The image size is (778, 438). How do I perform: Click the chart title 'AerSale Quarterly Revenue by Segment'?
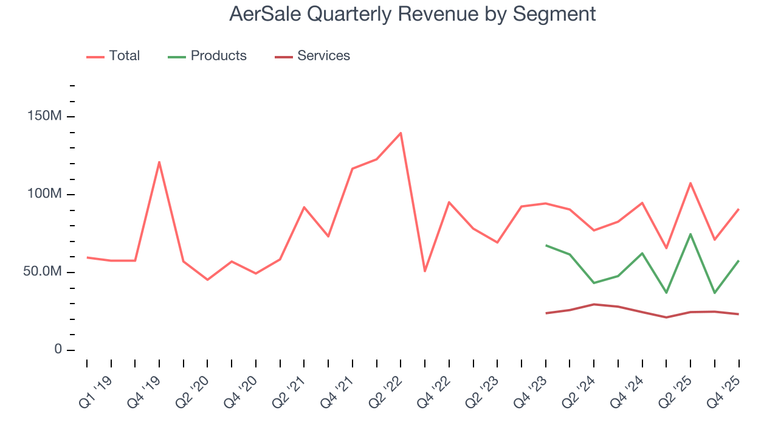[x=412, y=14]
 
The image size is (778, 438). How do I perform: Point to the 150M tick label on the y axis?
[x=45, y=116]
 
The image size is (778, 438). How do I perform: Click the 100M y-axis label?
[x=45, y=194]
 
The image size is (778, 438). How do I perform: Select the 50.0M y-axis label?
[x=43, y=272]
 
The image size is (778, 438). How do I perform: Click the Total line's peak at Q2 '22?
[x=401, y=133]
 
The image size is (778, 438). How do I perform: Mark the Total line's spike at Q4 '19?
[x=159, y=162]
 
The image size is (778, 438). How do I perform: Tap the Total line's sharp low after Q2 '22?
[x=425, y=271]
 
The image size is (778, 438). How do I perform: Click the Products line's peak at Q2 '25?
[x=690, y=234]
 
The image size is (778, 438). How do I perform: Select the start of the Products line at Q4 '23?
[x=546, y=245]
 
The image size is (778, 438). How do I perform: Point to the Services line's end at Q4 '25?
[x=738, y=314]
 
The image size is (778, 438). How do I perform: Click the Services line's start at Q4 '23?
[x=546, y=313]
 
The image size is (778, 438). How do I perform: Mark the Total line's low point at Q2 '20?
[x=207, y=280]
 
